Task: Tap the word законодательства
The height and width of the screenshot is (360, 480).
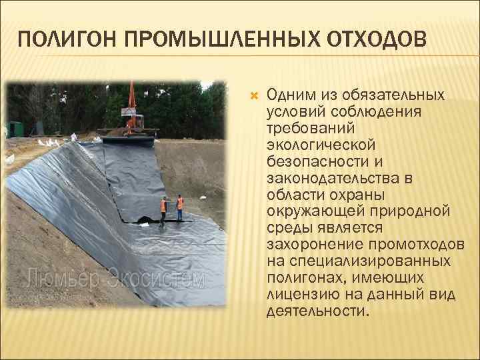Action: [331, 177]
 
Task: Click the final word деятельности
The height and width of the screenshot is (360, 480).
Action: [316, 311]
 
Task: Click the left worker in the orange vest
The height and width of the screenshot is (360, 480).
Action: [164, 209]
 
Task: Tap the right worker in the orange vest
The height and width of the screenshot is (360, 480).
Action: [179, 207]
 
